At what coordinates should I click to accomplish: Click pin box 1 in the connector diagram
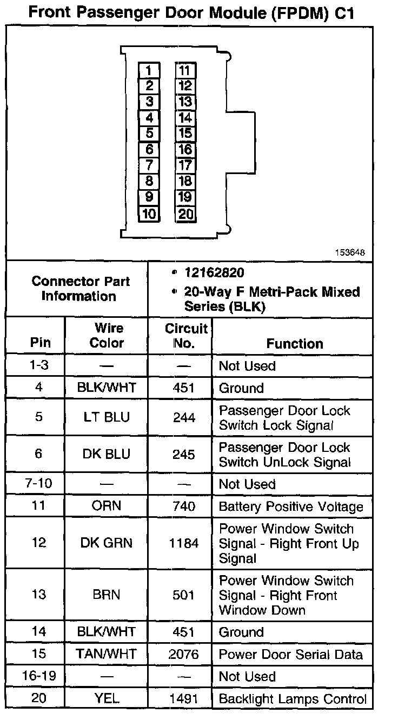[149, 70]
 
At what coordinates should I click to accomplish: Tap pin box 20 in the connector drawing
[185, 214]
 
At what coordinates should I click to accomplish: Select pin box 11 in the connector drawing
[185, 70]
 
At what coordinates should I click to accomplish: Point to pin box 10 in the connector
[149, 214]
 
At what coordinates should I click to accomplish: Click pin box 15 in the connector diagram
[185, 134]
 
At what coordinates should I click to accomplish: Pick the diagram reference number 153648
[350, 252]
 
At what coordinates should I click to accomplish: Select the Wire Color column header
[107, 336]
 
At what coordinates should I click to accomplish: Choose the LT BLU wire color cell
[107, 418]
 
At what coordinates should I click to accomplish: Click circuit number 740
[184, 506]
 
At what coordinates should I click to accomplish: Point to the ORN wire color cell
[107, 506]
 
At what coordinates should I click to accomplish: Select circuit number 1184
[184, 543]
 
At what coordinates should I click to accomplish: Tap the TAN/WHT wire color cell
[107, 654]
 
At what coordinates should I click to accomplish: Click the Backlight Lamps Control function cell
[293, 698]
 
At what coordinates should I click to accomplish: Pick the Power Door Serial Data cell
[290, 654]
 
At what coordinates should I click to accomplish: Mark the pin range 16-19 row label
[39, 676]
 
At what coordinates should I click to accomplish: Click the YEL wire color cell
[107, 698]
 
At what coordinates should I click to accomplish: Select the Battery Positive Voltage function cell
[290, 506]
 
